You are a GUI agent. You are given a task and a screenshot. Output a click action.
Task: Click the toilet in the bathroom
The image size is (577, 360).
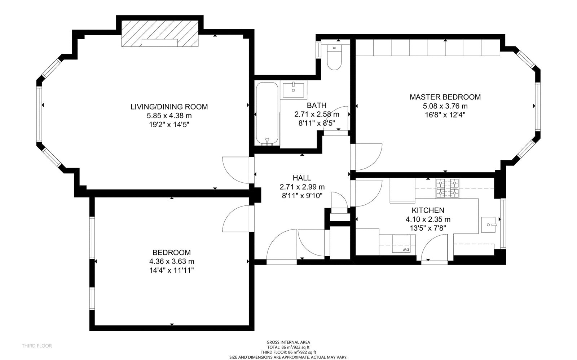point(334,57)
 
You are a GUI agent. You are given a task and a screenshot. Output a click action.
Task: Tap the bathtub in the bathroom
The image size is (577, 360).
point(267,114)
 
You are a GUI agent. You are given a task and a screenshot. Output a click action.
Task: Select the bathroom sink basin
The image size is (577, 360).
point(294,90)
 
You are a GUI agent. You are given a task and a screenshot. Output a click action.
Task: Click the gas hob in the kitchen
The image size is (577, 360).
point(448,188)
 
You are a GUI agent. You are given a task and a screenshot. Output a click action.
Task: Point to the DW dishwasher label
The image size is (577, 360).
point(406,250)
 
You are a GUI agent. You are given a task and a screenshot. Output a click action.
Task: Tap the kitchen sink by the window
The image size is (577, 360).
point(488,225)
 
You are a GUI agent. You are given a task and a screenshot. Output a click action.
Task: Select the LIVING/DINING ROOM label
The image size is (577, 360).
point(169,107)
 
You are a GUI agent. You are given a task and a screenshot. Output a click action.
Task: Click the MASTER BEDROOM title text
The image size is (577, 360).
point(445,97)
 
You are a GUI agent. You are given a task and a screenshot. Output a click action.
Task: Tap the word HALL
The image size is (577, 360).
point(301,178)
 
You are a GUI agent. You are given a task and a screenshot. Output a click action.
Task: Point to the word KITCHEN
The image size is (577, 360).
point(428,210)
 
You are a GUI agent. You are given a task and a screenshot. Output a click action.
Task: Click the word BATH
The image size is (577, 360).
point(317,105)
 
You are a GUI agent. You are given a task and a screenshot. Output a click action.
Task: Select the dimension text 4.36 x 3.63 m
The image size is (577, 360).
point(172,262)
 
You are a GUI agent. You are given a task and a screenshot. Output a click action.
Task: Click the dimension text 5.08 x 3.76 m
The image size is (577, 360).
point(445,106)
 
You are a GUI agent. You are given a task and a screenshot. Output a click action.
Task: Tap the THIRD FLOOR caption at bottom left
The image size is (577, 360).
point(37,346)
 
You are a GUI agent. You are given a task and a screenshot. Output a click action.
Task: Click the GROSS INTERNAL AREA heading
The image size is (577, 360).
point(288,342)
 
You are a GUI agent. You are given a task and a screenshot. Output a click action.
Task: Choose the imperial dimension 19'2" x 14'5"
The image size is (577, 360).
point(169,125)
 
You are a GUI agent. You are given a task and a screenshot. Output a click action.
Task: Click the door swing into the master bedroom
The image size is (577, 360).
point(366,157)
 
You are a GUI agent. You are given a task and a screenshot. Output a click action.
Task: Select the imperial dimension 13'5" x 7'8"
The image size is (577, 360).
point(428,228)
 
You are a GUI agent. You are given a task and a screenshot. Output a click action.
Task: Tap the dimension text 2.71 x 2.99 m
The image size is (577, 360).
point(302,187)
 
